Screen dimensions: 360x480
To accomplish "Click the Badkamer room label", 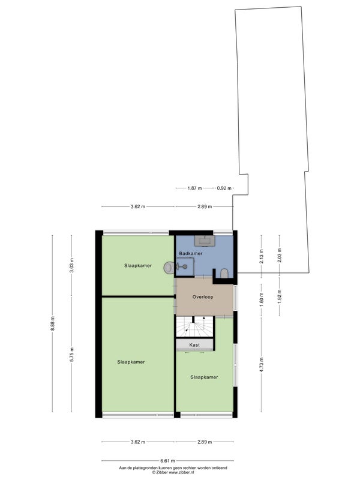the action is coord(191,253).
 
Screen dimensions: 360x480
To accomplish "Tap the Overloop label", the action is coord(203,296).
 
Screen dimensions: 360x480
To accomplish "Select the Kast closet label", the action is coord(194,344).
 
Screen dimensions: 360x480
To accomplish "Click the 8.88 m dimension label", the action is coord(53,323).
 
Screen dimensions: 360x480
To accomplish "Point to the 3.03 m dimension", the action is coord(71,265).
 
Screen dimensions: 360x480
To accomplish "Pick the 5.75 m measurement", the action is coord(71,355).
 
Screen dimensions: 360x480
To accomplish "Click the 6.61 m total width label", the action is coord(168,460).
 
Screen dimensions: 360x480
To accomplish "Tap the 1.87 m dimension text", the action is coord(194,188).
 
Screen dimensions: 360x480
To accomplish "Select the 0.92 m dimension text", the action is coord(224,188).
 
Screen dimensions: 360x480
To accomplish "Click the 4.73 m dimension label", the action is coord(262,365).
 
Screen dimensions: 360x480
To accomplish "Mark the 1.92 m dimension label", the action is coord(279,296).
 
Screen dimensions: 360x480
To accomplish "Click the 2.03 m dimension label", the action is coord(279,255).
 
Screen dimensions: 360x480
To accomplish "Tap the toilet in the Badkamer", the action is coord(224,274).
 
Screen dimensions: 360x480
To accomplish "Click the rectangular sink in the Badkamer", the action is coord(205,241).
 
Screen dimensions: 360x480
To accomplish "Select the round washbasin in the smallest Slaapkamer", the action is coord(169,268).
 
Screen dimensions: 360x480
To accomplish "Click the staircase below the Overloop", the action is coord(194,326).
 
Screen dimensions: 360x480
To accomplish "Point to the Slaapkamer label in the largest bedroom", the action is coord(131,362).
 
